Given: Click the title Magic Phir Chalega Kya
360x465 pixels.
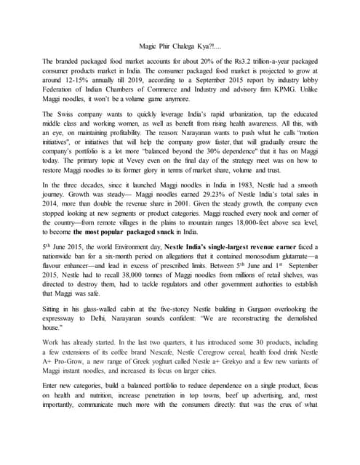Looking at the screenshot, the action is click(x=179, y=45).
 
